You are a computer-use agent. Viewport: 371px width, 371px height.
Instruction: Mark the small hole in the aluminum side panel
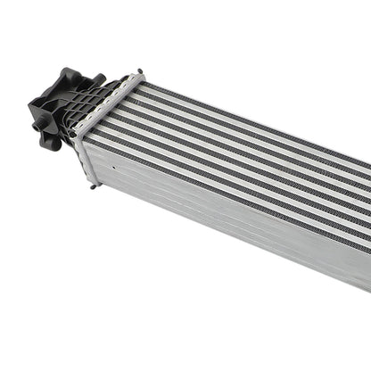click(x=118, y=166)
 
